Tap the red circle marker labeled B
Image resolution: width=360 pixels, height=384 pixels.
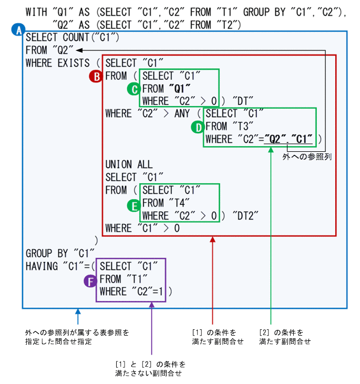(96, 77)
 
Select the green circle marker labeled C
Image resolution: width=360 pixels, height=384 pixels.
(133, 89)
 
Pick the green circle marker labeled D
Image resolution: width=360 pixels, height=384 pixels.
(198, 127)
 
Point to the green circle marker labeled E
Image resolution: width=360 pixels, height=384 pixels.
(133, 203)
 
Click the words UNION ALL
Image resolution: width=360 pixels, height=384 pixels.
(129, 164)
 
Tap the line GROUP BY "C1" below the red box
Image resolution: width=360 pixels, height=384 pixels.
(59, 254)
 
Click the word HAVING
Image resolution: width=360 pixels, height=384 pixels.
(42, 267)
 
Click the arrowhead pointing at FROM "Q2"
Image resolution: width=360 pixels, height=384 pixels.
(78, 50)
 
